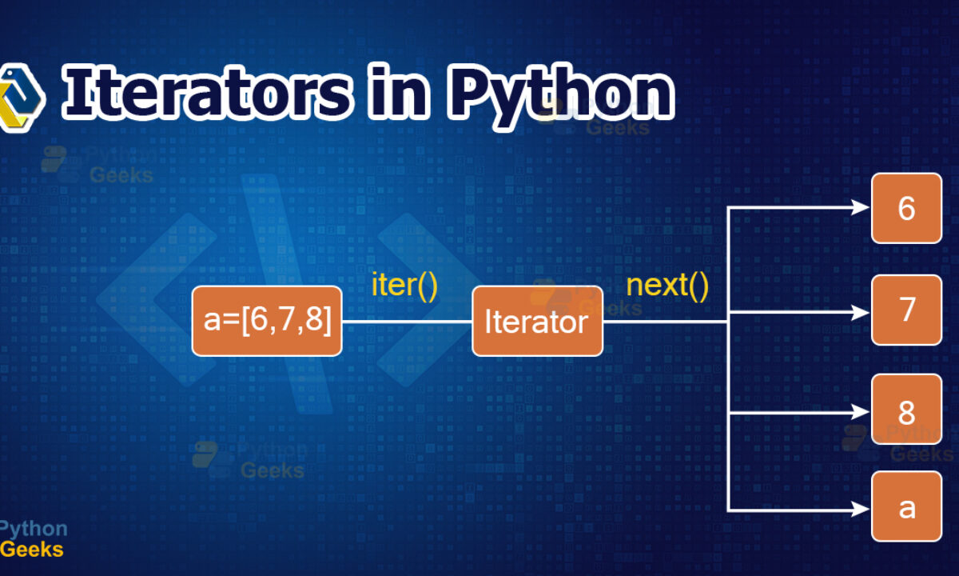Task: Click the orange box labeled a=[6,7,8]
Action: [267, 321]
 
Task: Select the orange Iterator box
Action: [537, 321]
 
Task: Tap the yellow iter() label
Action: [404, 285]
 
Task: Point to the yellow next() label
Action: [667, 285]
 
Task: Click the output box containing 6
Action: [907, 208]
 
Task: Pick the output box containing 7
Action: [907, 310]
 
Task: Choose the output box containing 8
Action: [907, 410]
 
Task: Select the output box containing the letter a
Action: [907, 506]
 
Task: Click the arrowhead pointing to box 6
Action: [861, 208]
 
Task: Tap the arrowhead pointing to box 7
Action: [861, 313]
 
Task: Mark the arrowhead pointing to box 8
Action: [861, 412]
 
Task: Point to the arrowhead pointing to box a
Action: [861, 510]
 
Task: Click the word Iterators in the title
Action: [208, 92]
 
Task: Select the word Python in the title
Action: [561, 97]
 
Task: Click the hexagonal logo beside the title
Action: [21, 98]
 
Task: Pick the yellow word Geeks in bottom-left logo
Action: [32, 550]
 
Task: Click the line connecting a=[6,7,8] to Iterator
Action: [407, 322]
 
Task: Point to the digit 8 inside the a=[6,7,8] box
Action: [314, 319]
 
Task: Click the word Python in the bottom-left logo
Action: [34, 530]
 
